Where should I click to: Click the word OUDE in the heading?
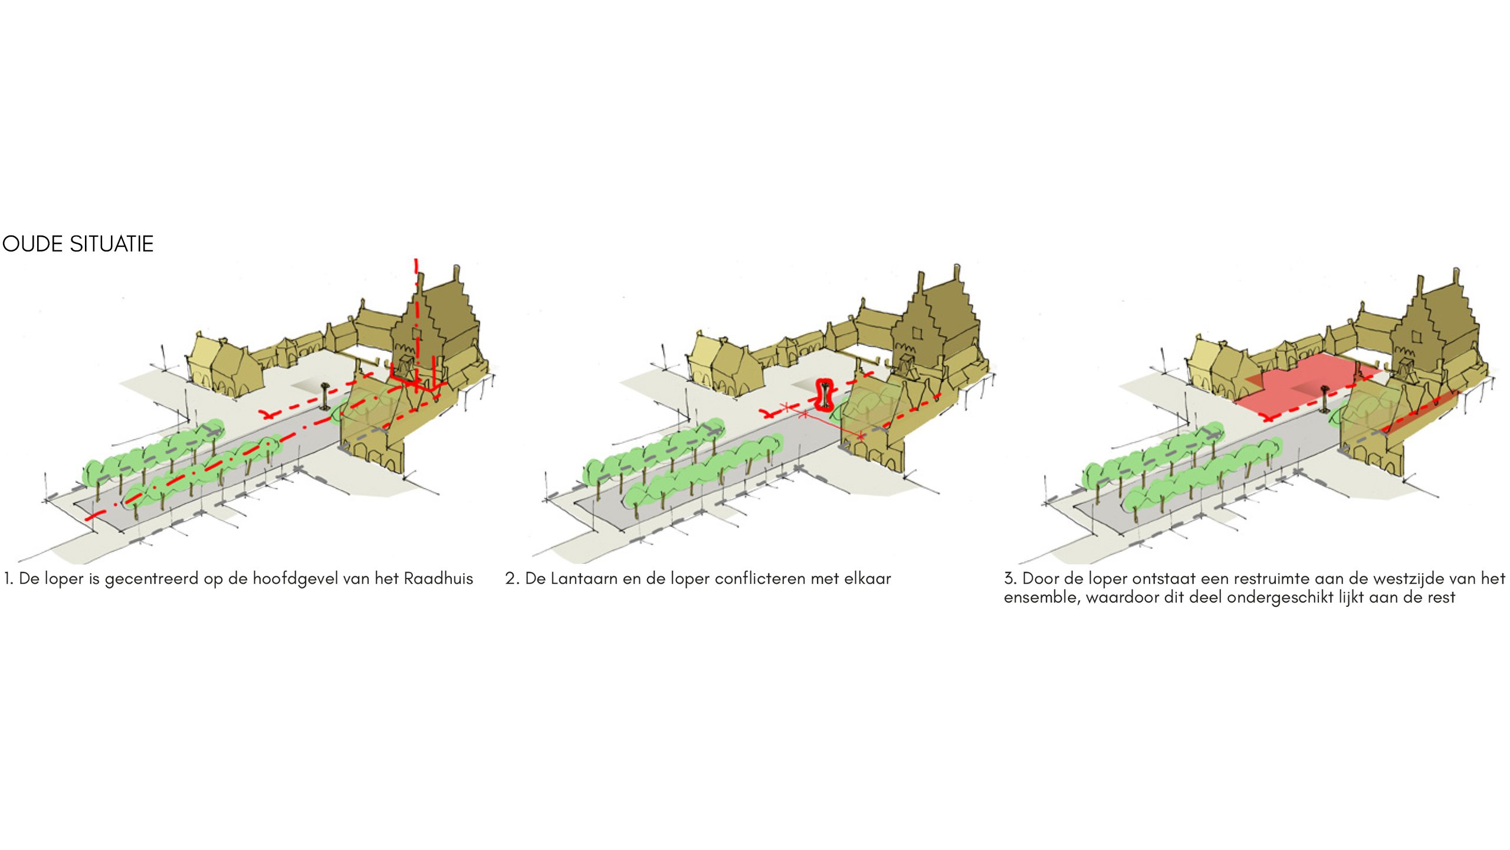coord(33,244)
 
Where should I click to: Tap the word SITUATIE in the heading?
coord(111,244)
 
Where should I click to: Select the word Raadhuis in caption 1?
coord(438,578)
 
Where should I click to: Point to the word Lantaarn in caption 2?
coord(584,578)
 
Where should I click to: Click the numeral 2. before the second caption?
coord(511,578)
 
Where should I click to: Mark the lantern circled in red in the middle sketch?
coord(824,395)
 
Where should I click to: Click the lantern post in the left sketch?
coord(325,396)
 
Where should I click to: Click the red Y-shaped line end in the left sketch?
coord(267,414)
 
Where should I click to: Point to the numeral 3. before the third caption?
coord(1010,578)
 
